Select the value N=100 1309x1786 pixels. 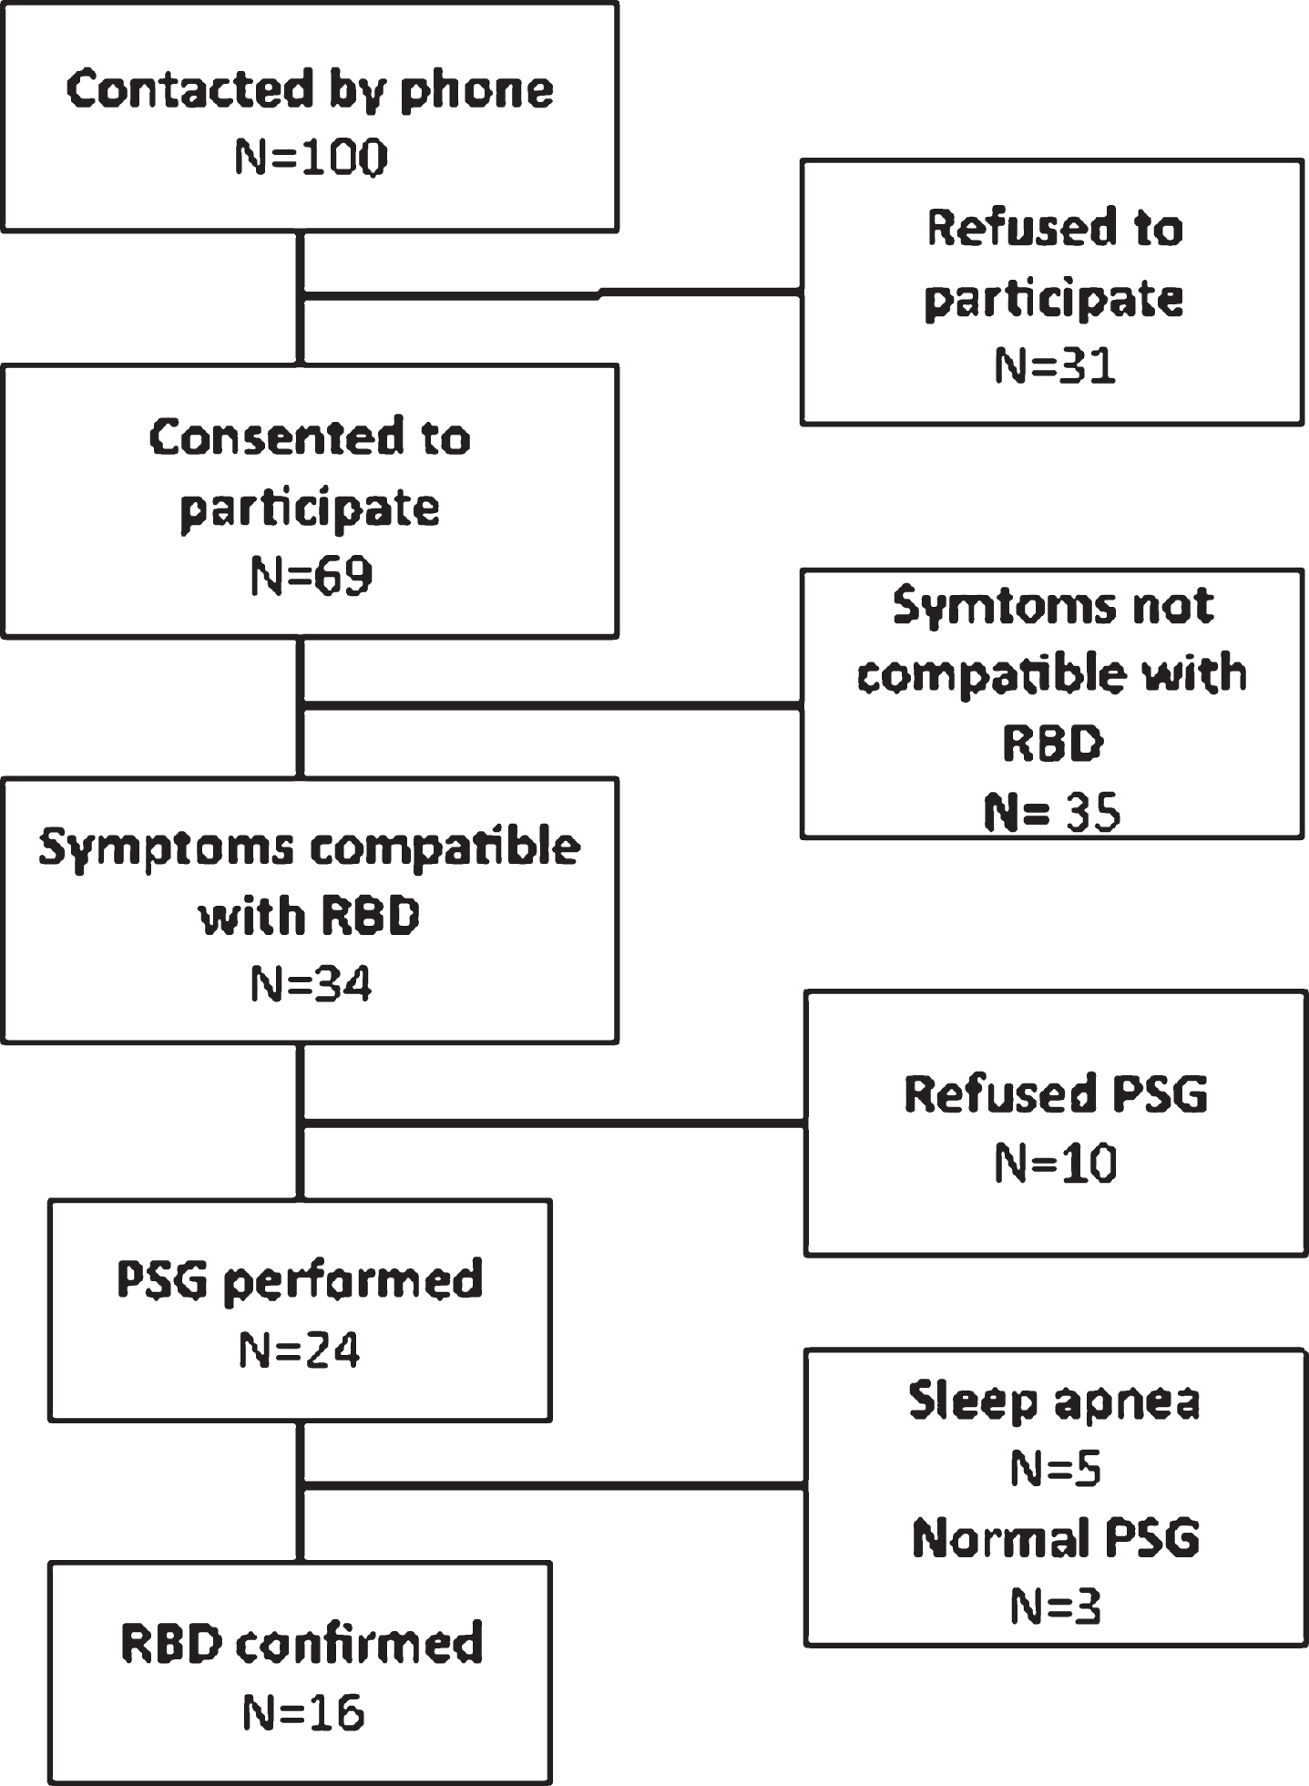click(x=312, y=158)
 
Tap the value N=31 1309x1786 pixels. click(x=1055, y=366)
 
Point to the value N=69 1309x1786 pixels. click(x=312, y=576)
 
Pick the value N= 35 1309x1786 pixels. click(x=1052, y=811)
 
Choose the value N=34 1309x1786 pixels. click(x=312, y=985)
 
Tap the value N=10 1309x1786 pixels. click(x=1056, y=1164)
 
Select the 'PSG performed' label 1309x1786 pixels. click(x=300, y=1281)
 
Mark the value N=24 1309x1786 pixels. click(x=300, y=1350)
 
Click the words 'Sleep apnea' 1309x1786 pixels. click(x=1055, y=1401)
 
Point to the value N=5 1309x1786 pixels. click(x=1056, y=1468)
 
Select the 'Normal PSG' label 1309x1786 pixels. click(x=1056, y=1538)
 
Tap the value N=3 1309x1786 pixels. click(x=1056, y=1606)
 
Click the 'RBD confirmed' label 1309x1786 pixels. click(x=302, y=1644)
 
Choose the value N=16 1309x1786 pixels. click(x=303, y=1712)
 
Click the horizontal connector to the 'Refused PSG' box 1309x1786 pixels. click(x=553, y=1123)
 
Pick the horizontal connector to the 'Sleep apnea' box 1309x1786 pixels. click(x=553, y=1486)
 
